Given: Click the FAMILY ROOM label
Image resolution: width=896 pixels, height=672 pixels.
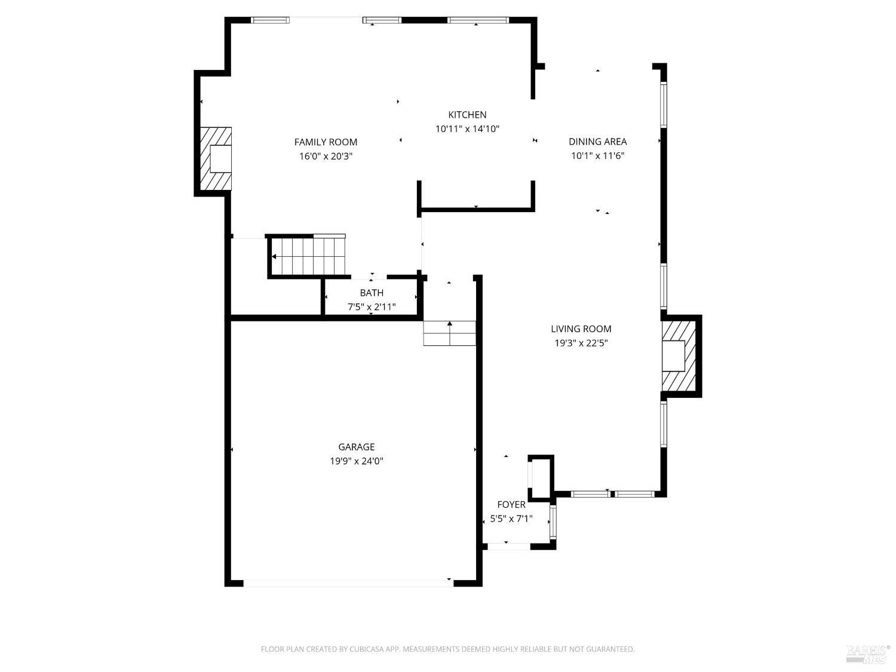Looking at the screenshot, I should click(x=326, y=142).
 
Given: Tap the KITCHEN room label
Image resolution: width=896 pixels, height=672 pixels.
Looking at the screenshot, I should click(x=467, y=115).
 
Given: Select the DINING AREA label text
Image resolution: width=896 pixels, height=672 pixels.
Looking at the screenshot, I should click(x=597, y=142).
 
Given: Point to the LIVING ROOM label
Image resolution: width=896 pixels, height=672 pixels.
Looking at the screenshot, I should click(x=581, y=329).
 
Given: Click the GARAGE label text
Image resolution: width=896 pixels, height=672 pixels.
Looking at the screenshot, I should click(x=356, y=447).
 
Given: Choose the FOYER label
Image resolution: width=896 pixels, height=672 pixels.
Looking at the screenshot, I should click(x=511, y=505).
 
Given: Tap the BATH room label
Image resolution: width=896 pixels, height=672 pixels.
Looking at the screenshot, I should click(x=372, y=293).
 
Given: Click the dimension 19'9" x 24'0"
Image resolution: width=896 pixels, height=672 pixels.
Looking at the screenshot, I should click(x=356, y=461).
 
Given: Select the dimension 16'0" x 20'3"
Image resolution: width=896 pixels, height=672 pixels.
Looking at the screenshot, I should click(x=326, y=157).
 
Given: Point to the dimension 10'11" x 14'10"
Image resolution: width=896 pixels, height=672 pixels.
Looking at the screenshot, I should click(x=467, y=129).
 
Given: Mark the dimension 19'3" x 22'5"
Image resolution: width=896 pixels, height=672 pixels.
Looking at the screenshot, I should click(x=581, y=343).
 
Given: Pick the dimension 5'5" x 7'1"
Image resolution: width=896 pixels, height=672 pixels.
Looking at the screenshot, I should click(x=511, y=519).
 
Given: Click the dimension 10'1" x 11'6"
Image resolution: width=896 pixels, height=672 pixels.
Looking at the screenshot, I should click(x=597, y=156).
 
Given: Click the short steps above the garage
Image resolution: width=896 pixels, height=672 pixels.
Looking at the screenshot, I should click(x=449, y=333).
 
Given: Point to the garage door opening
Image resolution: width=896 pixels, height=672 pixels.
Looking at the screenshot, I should click(x=348, y=583).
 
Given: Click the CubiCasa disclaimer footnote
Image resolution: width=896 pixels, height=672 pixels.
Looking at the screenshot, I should click(x=447, y=649).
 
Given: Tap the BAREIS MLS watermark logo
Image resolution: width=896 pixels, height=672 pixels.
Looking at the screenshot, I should click(x=867, y=653).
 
